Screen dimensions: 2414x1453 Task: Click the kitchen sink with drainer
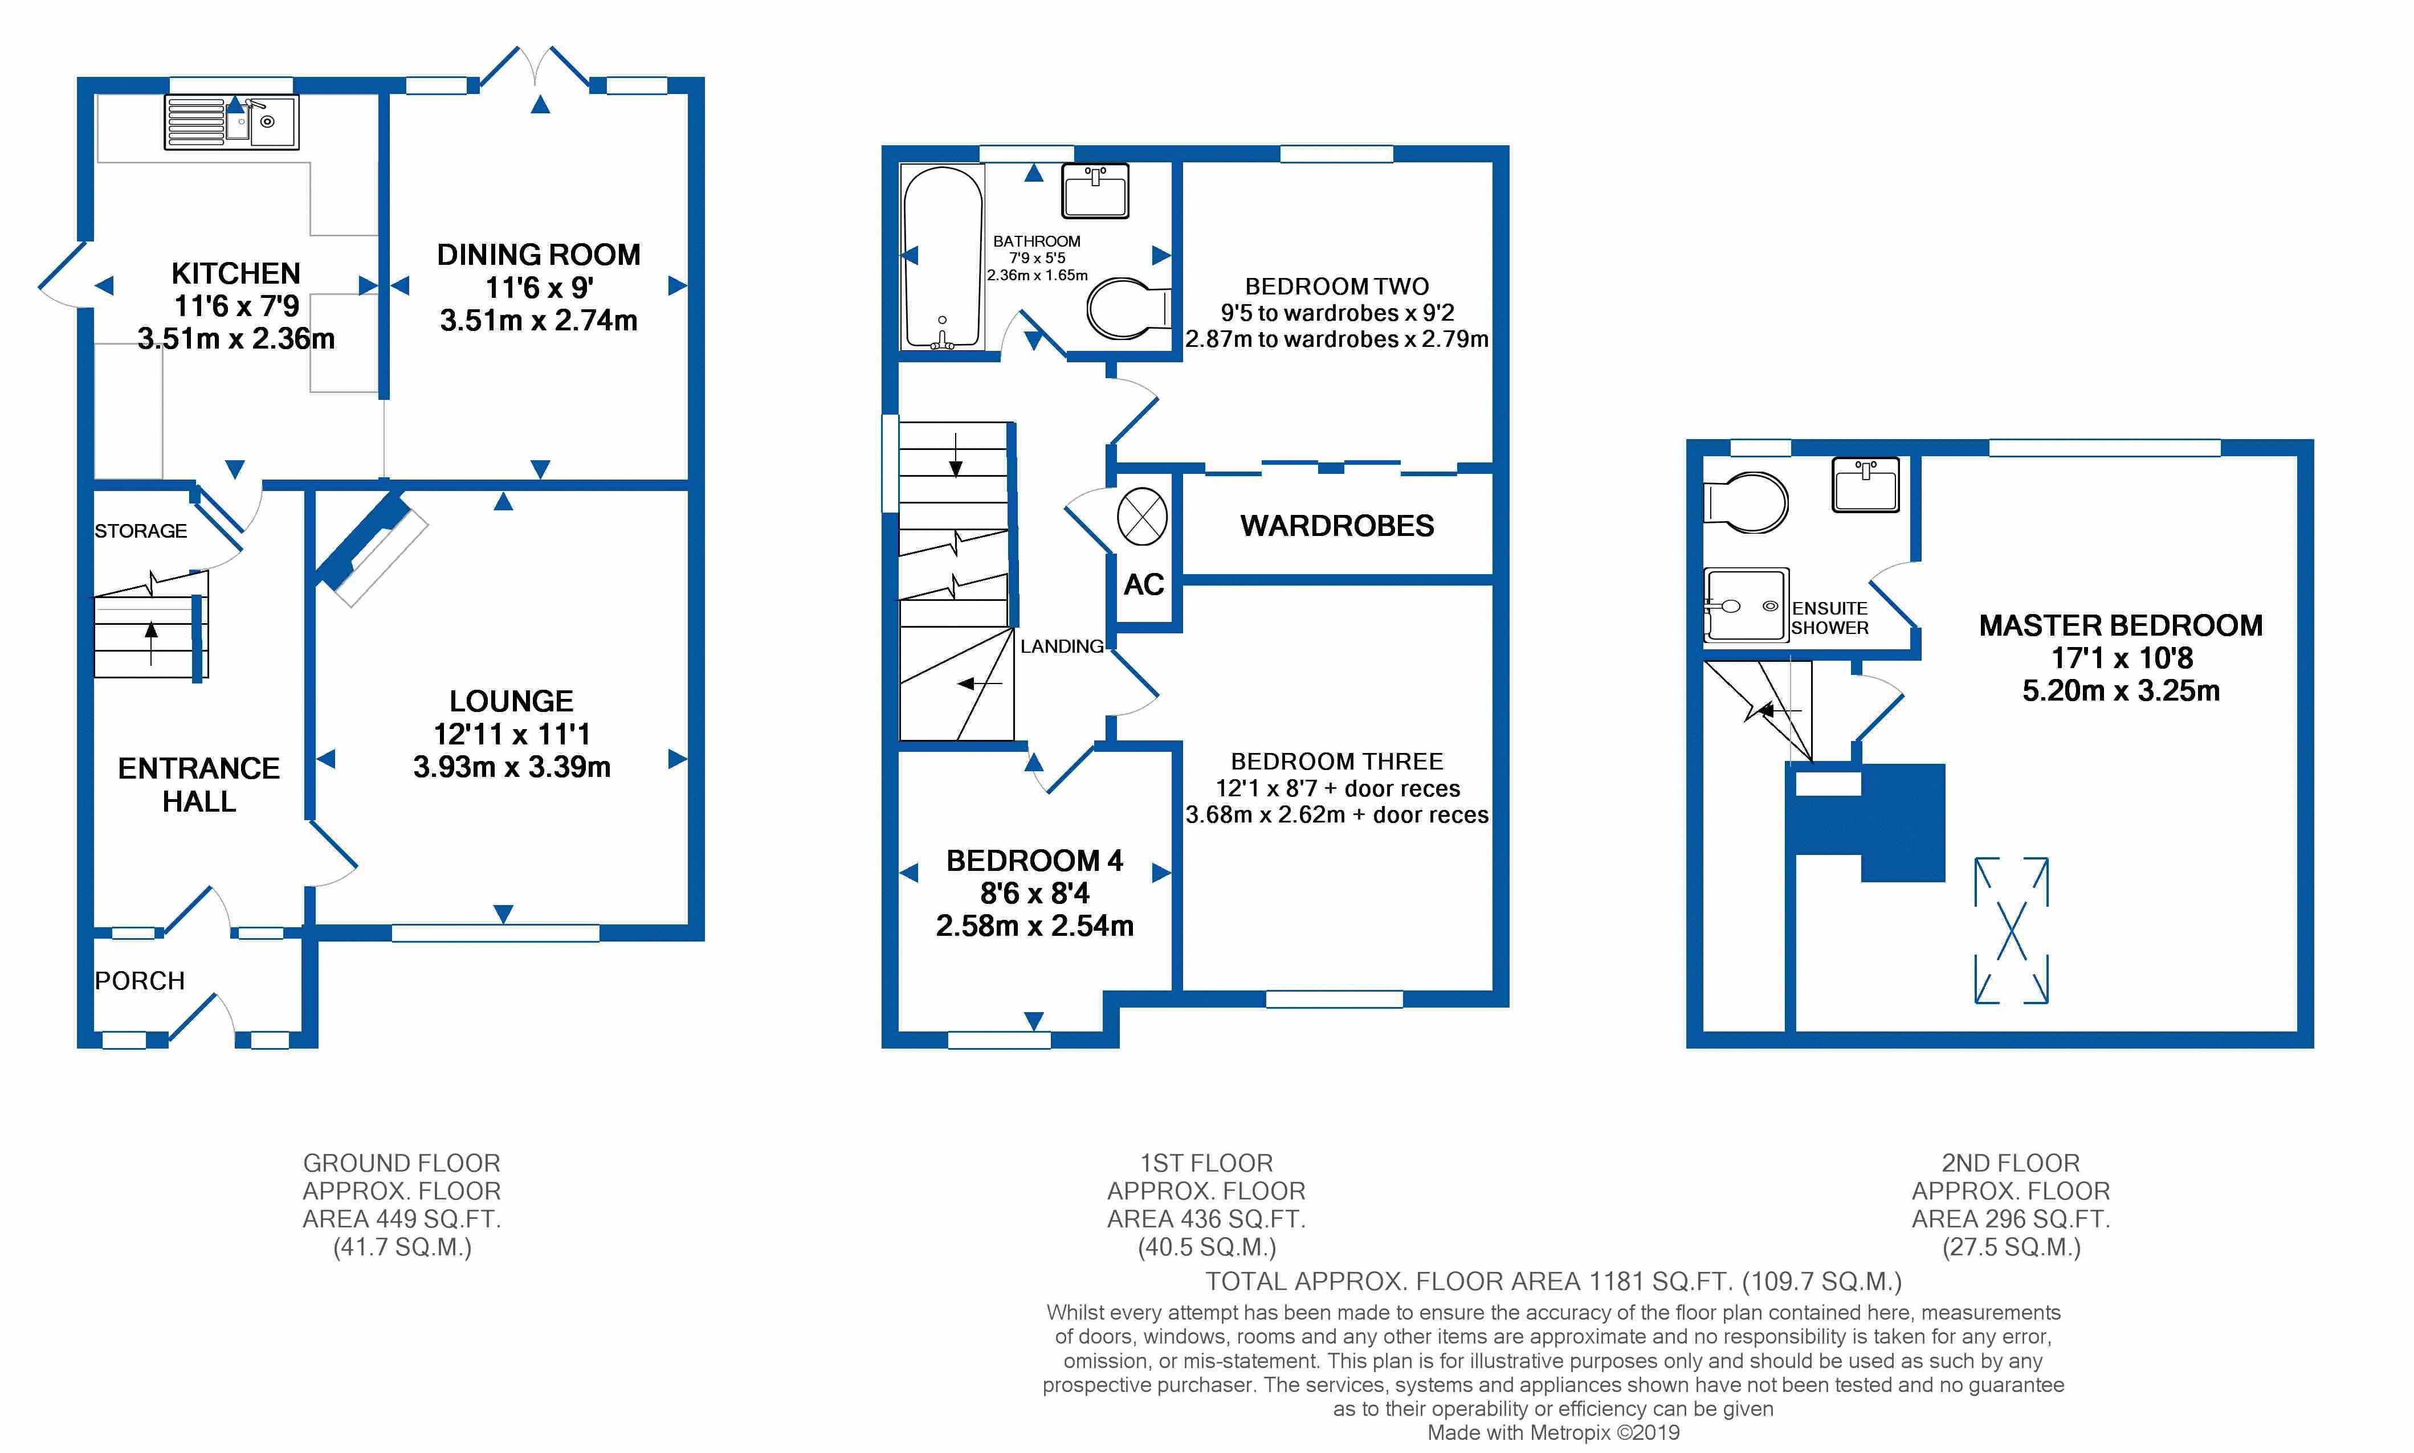click(231, 122)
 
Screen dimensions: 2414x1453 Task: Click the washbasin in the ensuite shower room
click(1865, 485)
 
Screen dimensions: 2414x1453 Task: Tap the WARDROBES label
click(1337, 526)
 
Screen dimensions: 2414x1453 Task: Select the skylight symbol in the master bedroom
click(2011, 930)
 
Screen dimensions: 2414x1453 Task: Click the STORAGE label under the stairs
click(140, 531)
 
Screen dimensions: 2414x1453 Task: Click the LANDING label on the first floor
click(1062, 646)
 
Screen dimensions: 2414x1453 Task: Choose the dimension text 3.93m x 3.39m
click(511, 767)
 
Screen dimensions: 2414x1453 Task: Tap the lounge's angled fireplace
click(370, 549)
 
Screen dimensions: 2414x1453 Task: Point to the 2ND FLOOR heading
click(2011, 1163)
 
